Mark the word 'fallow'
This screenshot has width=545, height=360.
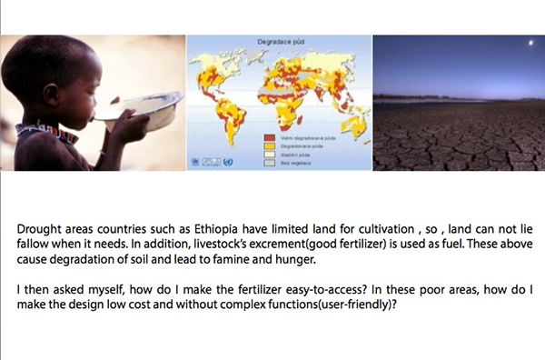click(x=32, y=245)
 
